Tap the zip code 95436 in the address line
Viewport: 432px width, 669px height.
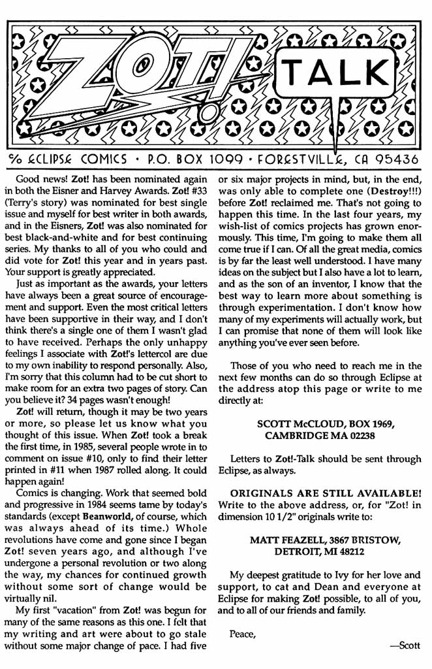392,159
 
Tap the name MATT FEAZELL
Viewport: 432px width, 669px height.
283,540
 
